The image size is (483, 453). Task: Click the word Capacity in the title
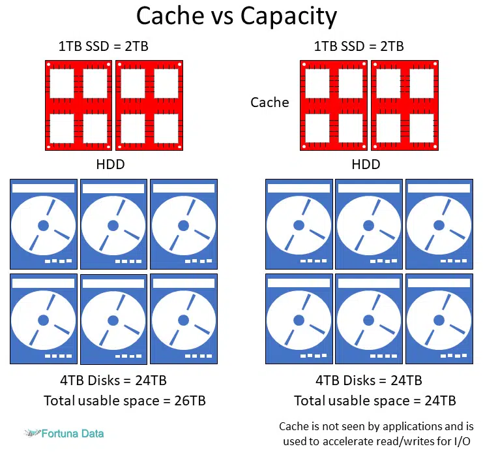[x=289, y=17]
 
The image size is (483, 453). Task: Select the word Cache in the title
[x=170, y=16]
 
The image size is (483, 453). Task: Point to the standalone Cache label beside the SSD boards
[x=270, y=102]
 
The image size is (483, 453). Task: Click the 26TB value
[x=190, y=401]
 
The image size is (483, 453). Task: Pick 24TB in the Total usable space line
[x=440, y=401]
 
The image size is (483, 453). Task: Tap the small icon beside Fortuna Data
[x=33, y=433]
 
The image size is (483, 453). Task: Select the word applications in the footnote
[x=412, y=427]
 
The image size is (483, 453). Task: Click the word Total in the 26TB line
[x=59, y=401]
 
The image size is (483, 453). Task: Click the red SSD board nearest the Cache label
[x=334, y=106]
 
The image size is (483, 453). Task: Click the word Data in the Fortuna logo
[x=93, y=433]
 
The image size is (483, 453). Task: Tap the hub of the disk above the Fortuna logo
[x=44, y=320]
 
